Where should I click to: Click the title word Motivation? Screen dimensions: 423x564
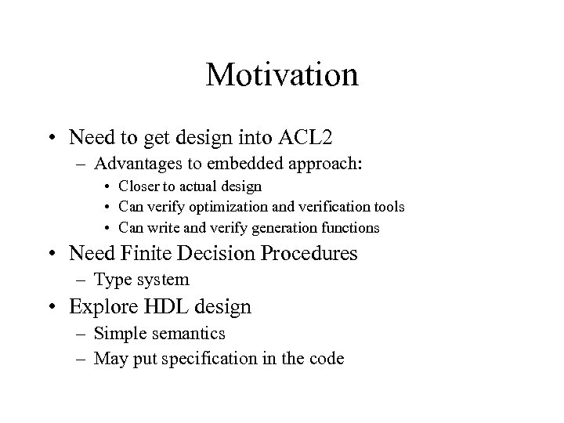(x=282, y=75)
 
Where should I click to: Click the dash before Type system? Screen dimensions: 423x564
(x=82, y=279)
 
